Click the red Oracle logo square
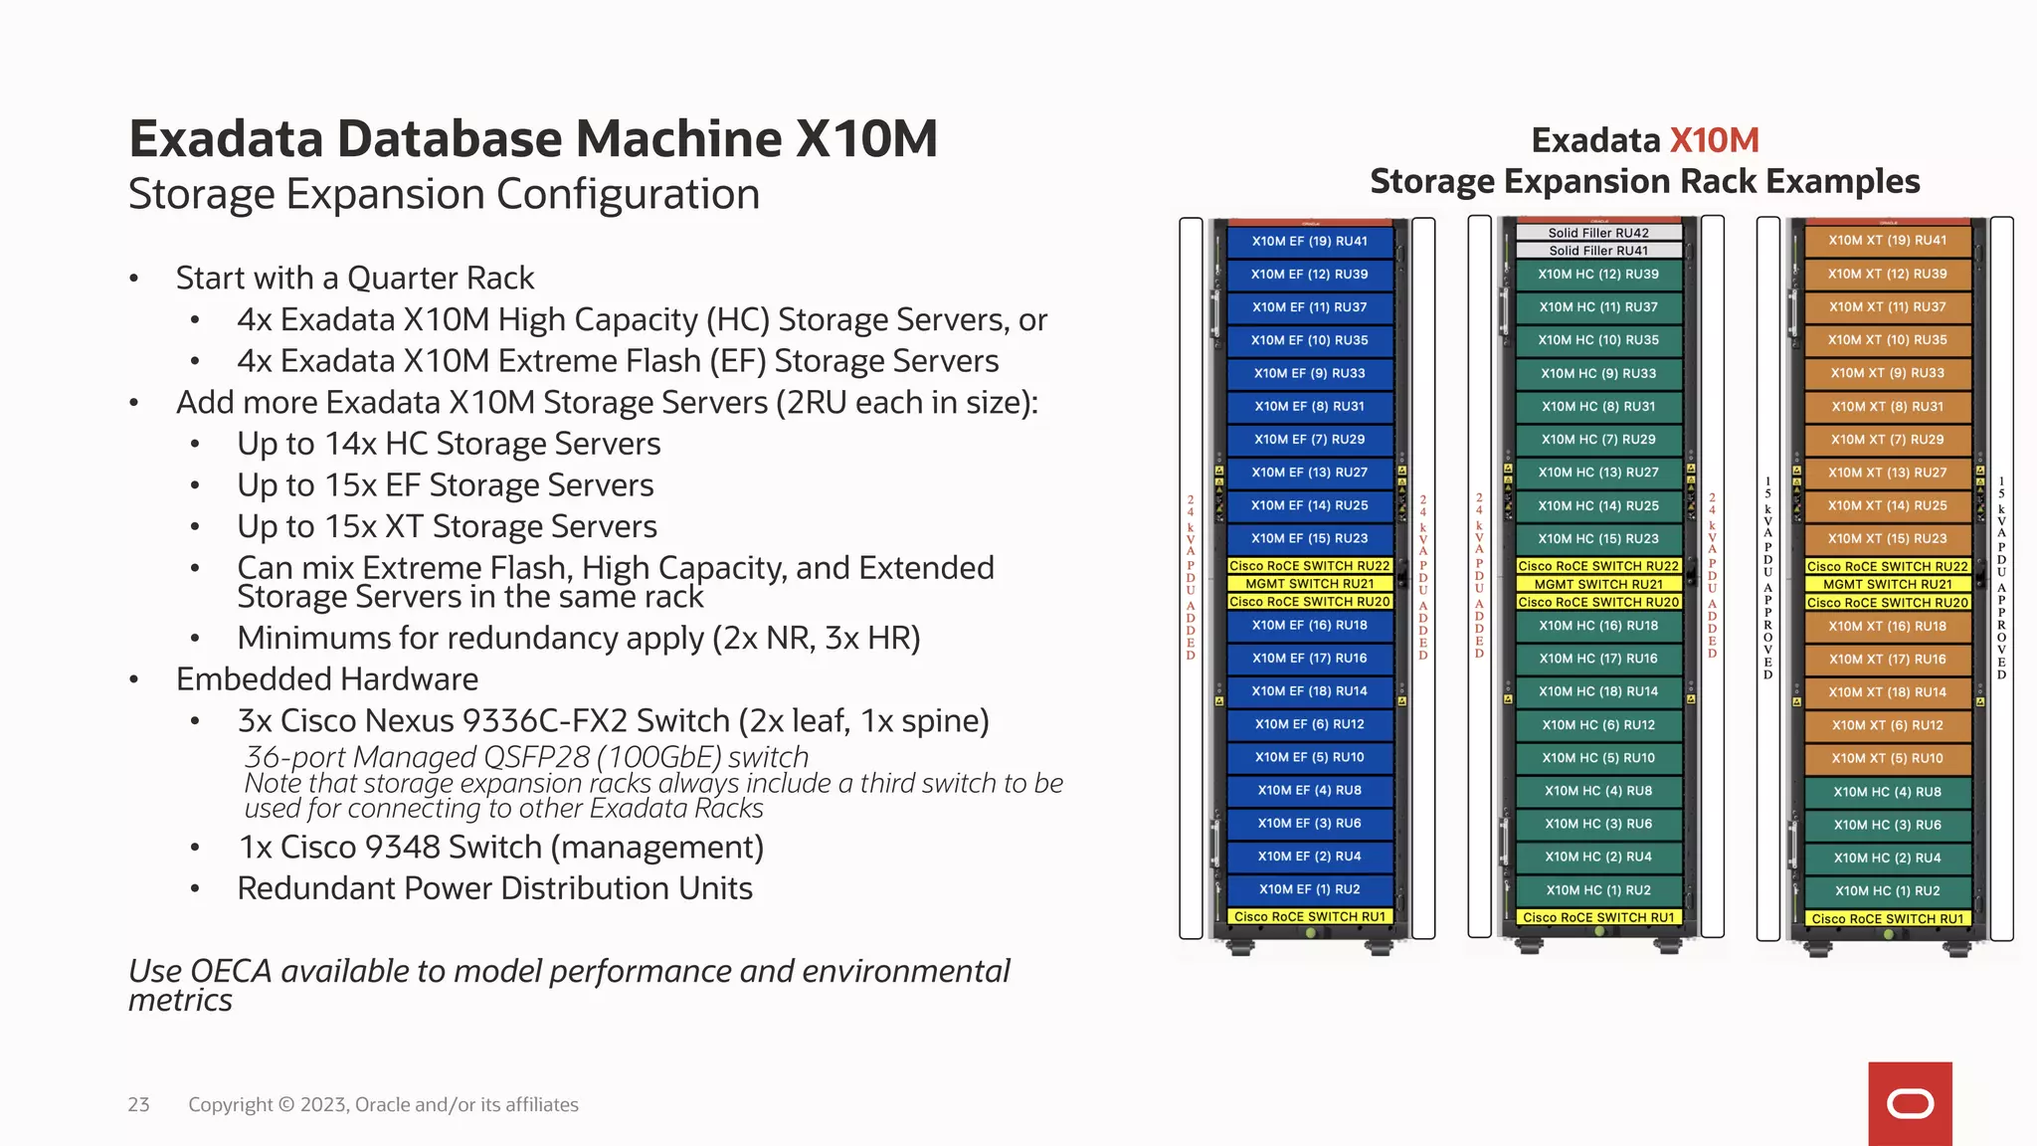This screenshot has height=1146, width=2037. pos(1910,1103)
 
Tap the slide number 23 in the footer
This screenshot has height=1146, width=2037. pos(138,1104)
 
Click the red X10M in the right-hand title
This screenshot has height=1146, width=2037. pos(1714,140)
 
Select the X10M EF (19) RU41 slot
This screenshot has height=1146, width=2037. pos(1309,241)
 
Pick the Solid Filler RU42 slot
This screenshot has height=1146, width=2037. pos(1597,233)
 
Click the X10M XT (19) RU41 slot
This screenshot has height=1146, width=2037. pos(1887,240)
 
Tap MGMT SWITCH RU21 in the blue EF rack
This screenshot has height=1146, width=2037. pos(1309,584)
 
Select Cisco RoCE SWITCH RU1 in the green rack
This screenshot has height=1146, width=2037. pos(1597,917)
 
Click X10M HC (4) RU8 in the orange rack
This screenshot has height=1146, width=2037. pos(1887,792)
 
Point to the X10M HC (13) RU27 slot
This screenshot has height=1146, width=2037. pos(1597,473)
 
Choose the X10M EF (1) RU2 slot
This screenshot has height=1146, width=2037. pos(1309,889)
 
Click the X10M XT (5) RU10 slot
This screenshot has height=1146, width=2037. pos(1887,758)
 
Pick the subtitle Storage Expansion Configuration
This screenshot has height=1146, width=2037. pos(444,194)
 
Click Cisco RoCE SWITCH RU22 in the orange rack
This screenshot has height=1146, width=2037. pos(1887,566)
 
